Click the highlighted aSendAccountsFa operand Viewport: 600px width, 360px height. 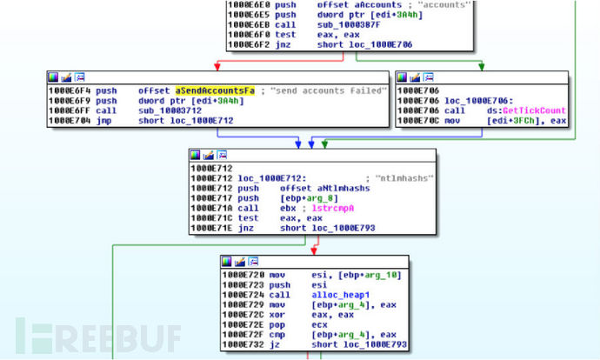click(206, 90)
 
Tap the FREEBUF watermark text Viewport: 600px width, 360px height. click(99, 336)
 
